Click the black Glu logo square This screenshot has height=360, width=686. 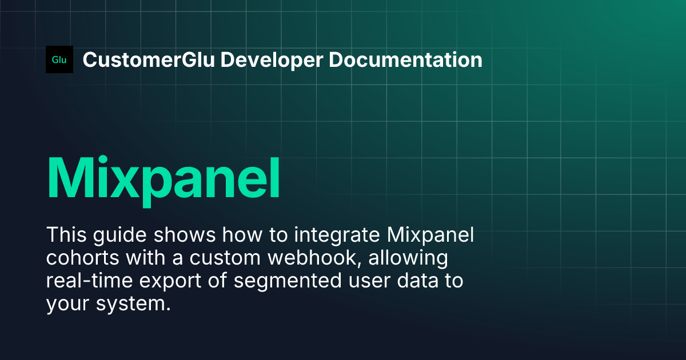click(59, 59)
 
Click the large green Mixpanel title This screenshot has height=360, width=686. click(163, 176)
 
